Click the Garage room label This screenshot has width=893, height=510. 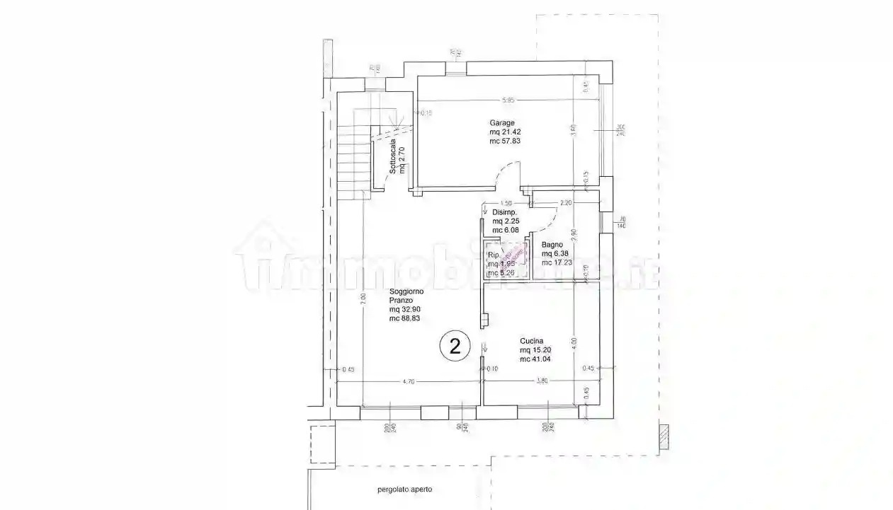point(501,122)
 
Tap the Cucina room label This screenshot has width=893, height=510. point(531,341)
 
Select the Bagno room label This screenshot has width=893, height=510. point(552,245)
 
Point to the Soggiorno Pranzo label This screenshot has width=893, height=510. point(406,296)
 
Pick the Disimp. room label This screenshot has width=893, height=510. point(504,212)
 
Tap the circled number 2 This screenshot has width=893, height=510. point(455,346)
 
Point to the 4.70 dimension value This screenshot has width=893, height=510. point(408,382)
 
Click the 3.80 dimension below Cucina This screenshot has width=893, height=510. point(542,382)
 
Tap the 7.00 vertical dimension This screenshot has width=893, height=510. point(361,299)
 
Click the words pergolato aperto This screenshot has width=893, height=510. point(404,489)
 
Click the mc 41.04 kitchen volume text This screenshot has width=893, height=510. point(535,359)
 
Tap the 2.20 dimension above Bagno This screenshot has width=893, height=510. point(565,203)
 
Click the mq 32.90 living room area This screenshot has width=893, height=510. point(405,310)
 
